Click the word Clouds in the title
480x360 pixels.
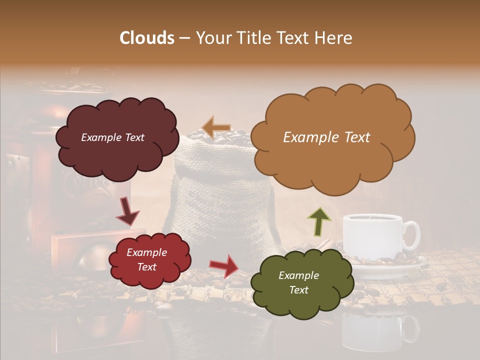click(x=147, y=38)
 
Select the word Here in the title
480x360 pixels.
click(x=334, y=38)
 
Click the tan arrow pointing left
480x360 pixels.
click(x=215, y=128)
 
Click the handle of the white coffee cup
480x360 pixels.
click(x=412, y=235)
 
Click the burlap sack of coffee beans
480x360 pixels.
click(x=220, y=200)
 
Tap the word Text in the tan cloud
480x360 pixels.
click(x=353, y=137)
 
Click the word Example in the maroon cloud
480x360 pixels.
click(x=99, y=137)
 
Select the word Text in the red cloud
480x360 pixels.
click(x=147, y=267)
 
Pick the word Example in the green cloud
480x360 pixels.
click(x=298, y=275)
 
